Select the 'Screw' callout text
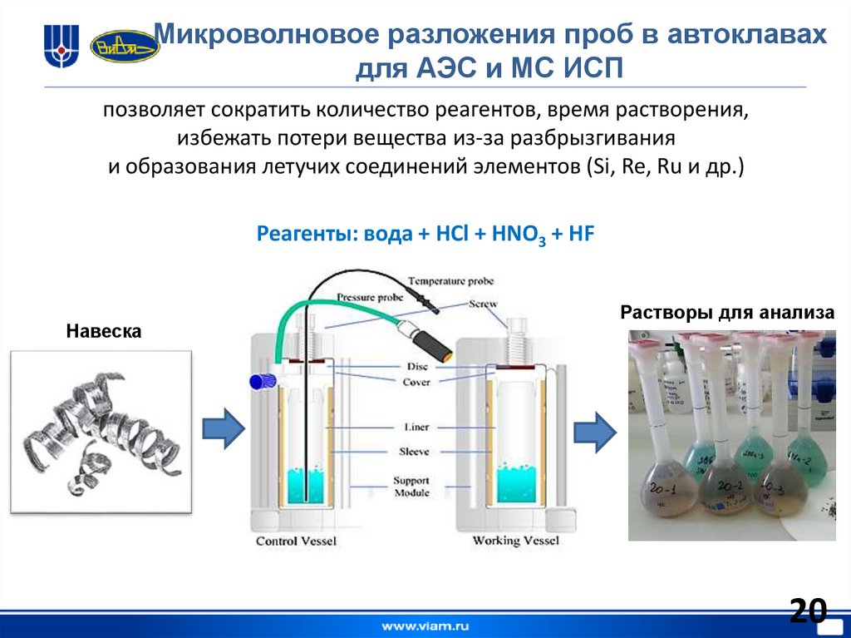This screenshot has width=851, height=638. coord(483,304)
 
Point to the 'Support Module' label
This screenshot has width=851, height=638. coord(411,487)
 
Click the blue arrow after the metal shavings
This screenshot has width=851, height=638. coord(223,429)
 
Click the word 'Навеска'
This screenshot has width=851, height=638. coord(104,332)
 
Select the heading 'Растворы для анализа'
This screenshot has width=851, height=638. coord(727,314)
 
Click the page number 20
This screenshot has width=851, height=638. coord(808,611)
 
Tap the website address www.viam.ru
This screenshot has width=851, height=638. coord(425,624)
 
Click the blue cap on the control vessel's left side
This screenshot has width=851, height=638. coord(262,380)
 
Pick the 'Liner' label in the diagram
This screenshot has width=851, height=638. coord(416,428)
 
